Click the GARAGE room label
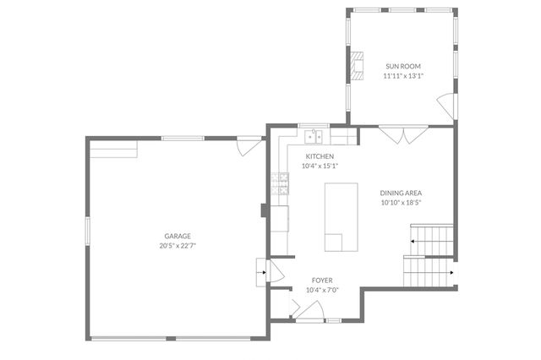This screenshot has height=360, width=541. tap(178, 236)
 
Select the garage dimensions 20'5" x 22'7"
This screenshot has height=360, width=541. tap(178, 245)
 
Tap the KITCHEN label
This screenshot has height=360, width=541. tap(320, 156)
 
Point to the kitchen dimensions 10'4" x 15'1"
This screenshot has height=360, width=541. tap(320, 166)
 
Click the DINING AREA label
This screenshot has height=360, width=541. tap(401, 193)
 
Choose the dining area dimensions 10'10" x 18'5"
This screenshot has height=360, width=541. tap(401, 202)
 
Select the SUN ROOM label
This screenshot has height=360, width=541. tap(402, 66)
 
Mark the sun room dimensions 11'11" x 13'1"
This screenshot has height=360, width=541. tap(402, 75)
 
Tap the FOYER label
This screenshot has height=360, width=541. tap(322, 280)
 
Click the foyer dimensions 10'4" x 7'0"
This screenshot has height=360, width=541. tap(322, 290)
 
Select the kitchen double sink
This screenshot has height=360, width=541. tap(314, 135)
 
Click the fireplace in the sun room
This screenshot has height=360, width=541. tap(357, 65)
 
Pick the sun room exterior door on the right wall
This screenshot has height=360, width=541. tap(445, 107)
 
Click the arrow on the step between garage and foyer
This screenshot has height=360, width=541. tap(262, 273)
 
